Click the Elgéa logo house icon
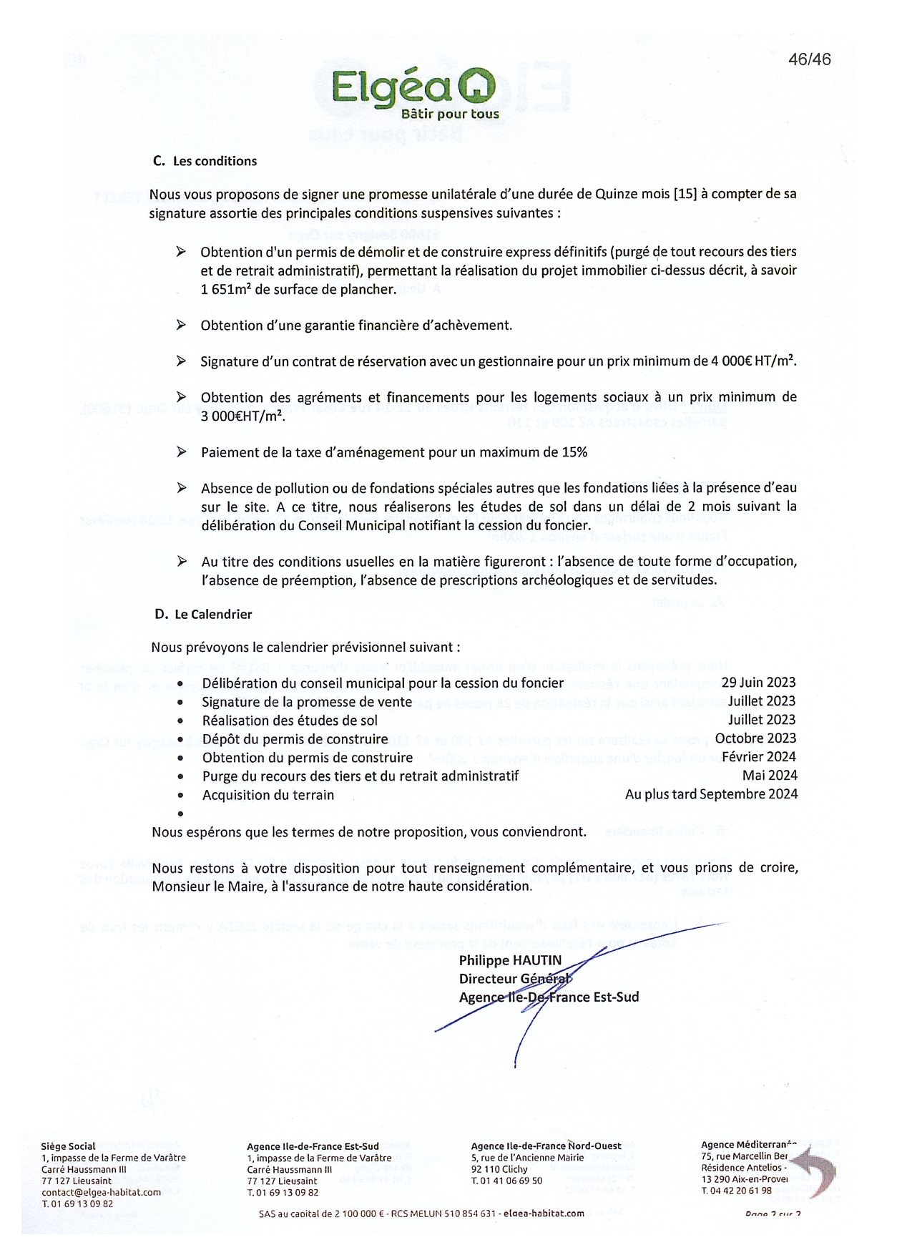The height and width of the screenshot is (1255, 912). pyautogui.click(x=476, y=87)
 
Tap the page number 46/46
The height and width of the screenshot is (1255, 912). pyautogui.click(x=810, y=59)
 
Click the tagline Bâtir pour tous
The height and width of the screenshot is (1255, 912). pyautogui.click(x=450, y=114)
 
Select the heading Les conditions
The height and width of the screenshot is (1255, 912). pyautogui.click(x=215, y=161)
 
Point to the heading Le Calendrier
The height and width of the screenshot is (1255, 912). pyautogui.click(x=213, y=614)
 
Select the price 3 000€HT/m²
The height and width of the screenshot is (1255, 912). pyautogui.click(x=242, y=416)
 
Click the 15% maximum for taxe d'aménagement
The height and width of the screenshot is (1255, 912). pyautogui.click(x=573, y=452)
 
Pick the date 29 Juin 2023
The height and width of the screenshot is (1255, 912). pyautogui.click(x=758, y=683)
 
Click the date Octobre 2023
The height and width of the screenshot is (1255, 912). pyautogui.click(x=755, y=738)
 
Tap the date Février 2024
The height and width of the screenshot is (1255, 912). pyautogui.click(x=758, y=757)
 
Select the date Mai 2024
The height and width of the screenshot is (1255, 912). pyautogui.click(x=770, y=775)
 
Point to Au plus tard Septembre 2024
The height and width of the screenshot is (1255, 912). pyautogui.click(x=711, y=793)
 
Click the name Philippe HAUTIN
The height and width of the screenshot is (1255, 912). pyautogui.click(x=510, y=960)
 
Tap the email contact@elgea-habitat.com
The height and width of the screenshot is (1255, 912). pyautogui.click(x=101, y=1192)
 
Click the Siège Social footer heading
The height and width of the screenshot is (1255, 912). pyautogui.click(x=68, y=1146)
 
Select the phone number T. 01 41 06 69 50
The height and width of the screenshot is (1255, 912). pyautogui.click(x=506, y=1181)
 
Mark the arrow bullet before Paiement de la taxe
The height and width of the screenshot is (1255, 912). pyautogui.click(x=182, y=451)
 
